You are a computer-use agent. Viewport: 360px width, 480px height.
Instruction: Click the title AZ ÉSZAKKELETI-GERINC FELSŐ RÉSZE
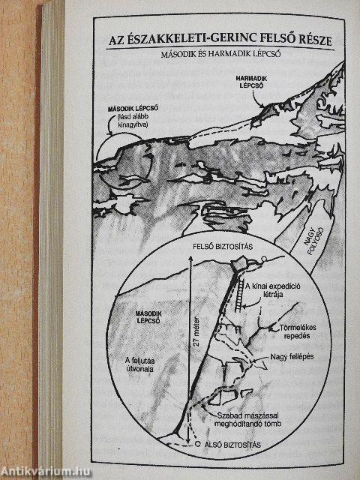pyautogui.click(x=220, y=40)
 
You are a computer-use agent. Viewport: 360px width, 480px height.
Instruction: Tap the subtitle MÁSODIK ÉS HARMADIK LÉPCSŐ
pyautogui.click(x=221, y=55)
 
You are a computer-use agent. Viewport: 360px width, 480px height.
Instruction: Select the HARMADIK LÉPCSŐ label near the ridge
pyautogui.click(x=251, y=82)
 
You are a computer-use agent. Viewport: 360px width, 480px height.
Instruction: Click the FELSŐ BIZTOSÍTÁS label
pyautogui.click(x=223, y=247)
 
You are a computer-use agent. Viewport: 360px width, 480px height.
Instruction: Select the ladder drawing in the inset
pyautogui.click(x=239, y=296)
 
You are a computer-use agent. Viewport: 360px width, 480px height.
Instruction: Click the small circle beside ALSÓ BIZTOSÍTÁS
pyautogui.click(x=197, y=444)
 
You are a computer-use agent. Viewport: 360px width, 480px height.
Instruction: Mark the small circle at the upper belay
pyautogui.click(x=264, y=259)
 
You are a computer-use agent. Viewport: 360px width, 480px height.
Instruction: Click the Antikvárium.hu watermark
pyautogui.click(x=46, y=472)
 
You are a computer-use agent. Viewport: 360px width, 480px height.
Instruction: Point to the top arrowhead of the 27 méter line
pyautogui.click(x=190, y=257)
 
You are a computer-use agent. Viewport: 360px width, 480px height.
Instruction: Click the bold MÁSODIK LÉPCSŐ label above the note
pyautogui.click(x=133, y=109)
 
